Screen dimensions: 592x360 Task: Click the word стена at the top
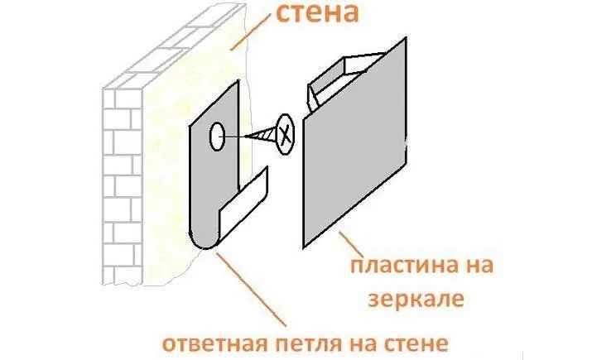[317, 13]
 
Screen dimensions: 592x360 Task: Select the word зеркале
[416, 300]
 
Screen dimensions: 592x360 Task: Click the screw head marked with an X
[285, 134]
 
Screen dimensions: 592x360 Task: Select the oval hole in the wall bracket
[217, 137]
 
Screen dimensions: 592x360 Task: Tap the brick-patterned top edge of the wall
[174, 46]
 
